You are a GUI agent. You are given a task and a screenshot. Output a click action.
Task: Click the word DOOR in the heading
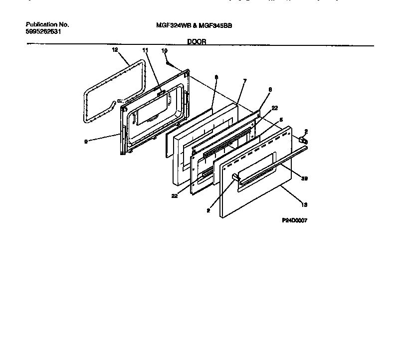(197, 42)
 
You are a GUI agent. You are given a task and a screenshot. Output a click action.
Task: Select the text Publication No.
(47, 24)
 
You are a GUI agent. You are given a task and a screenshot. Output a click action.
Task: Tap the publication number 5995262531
(44, 31)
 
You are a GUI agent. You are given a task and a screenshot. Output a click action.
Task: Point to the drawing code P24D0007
(294, 220)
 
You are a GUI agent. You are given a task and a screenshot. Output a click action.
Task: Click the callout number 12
(115, 50)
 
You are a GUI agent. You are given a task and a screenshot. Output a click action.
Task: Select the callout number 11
(145, 51)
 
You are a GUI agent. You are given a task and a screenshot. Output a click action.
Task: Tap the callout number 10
(164, 51)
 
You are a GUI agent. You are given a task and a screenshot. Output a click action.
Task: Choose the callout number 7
(244, 81)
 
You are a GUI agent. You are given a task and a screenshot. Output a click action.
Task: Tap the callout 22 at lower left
(175, 196)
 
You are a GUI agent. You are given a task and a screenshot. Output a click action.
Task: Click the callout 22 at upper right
(274, 108)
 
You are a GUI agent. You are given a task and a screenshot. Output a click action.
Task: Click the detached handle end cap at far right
(302, 142)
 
